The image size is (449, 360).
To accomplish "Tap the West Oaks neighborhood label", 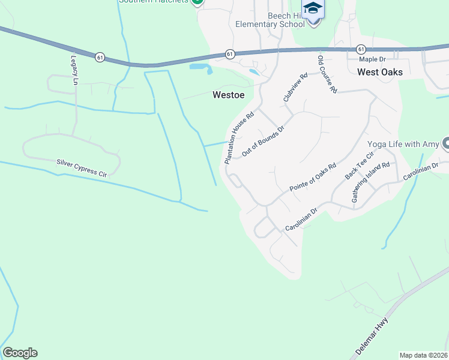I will click(x=379, y=72).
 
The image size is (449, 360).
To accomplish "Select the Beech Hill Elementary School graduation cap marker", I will click(x=313, y=10).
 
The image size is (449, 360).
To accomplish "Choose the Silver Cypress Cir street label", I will click(x=82, y=167).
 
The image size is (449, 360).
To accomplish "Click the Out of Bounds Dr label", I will click(x=262, y=139).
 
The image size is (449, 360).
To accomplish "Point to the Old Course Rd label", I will click(x=327, y=74).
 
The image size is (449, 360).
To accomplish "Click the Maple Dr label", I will click(x=372, y=59).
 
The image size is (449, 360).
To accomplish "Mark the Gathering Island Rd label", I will click(x=372, y=181).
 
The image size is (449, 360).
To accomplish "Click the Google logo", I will click(x=20, y=353).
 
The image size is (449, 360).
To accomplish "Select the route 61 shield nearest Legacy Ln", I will click(x=100, y=57).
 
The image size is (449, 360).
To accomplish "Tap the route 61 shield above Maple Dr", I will click(x=360, y=49).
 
